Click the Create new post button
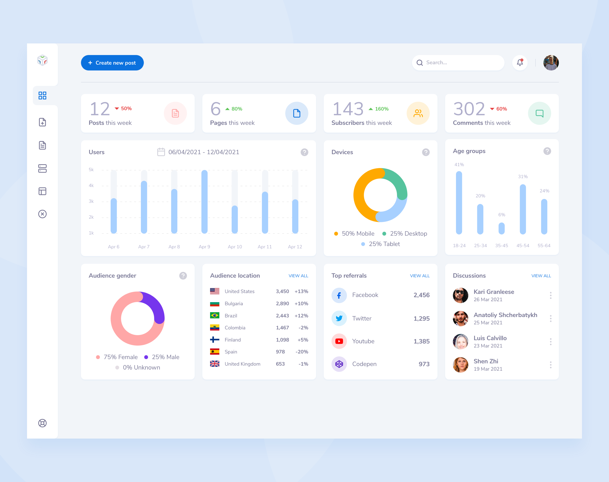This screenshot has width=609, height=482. [x=112, y=63]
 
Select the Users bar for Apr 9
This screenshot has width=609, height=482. [x=204, y=202]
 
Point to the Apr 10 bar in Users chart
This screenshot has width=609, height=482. [x=235, y=219]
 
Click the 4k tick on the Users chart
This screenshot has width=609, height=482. [x=91, y=185]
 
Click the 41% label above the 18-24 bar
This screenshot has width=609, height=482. [x=459, y=165]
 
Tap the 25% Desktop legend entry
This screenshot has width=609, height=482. [x=405, y=233]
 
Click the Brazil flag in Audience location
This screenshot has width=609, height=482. [x=214, y=315]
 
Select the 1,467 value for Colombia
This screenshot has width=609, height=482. [x=282, y=328]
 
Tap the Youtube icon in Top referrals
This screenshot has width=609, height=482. [x=339, y=341]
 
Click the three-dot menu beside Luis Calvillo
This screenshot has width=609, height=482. [x=550, y=342]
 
